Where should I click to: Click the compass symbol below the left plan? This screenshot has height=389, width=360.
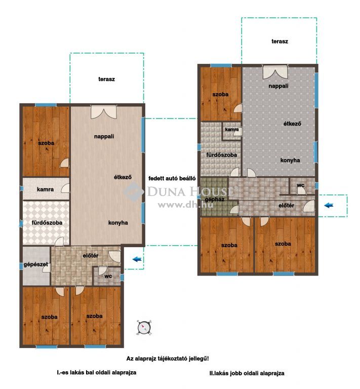[144, 328]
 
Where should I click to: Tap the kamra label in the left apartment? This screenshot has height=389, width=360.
[45, 189]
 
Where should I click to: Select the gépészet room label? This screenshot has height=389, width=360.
[36, 265]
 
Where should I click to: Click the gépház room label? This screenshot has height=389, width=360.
[215, 200]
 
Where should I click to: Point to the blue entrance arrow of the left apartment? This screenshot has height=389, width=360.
[137, 259]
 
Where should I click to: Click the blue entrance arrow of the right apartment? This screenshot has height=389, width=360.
[329, 205]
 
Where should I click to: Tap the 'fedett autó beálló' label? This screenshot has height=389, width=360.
[172, 179]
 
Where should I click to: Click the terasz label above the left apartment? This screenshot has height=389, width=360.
[107, 80]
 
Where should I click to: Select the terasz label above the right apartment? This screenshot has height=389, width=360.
[279, 42]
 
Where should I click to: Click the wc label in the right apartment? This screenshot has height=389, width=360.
[300, 185]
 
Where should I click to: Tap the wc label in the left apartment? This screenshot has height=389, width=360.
[108, 276]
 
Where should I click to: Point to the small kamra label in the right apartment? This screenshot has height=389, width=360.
[232, 130]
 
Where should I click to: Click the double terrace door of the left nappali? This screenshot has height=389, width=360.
[104, 112]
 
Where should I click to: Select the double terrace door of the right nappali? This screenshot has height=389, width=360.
[275, 72]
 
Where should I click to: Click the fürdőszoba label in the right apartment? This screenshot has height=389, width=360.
[222, 155]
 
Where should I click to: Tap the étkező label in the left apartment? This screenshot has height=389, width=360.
[123, 177]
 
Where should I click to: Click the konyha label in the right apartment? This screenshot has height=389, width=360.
[290, 161]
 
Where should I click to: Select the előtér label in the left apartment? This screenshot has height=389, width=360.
[91, 255]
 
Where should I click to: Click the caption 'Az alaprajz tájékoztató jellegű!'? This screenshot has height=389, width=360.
[168, 359]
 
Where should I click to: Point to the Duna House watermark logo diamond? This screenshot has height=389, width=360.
[134, 191]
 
